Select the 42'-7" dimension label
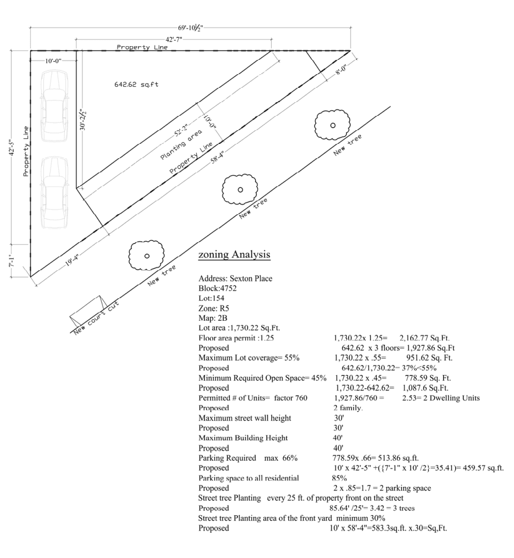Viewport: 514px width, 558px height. coord(174,39)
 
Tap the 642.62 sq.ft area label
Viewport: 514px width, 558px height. coord(136,85)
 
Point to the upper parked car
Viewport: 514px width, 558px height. coord(54,105)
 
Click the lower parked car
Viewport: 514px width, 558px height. coord(54,193)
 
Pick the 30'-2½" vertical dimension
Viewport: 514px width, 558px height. coord(82,120)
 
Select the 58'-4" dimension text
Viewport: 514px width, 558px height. coord(217,157)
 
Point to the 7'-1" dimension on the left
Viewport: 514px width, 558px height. coord(12,260)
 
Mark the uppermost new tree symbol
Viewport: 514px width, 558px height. coord(332,125)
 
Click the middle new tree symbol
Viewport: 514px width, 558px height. coord(240,189)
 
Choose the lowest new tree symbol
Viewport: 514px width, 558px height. coord(146,255)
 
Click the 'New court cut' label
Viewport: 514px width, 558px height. coord(96,318)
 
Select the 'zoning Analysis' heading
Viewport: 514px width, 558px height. coord(234,254)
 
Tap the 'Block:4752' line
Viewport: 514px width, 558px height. coord(218,288)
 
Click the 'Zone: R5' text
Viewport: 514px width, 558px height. coord(214,308)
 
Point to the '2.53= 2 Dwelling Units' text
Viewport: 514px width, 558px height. coord(441,398)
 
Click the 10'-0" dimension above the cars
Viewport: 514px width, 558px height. coord(53,61)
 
